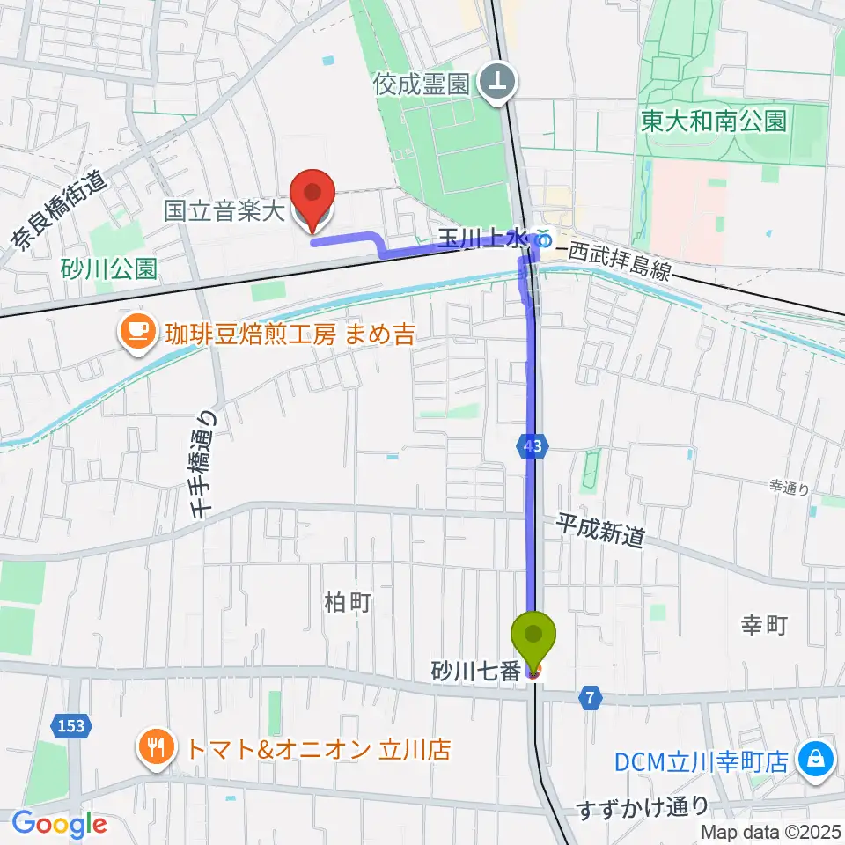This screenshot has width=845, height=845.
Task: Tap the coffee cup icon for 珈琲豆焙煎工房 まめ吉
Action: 136,333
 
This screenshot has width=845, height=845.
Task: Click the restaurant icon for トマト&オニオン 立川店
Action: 157,750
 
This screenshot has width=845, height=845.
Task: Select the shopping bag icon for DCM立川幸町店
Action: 816,760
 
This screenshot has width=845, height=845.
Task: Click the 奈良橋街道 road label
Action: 57,210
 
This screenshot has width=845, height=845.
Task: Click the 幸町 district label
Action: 762,626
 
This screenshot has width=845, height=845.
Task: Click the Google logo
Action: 59,824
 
